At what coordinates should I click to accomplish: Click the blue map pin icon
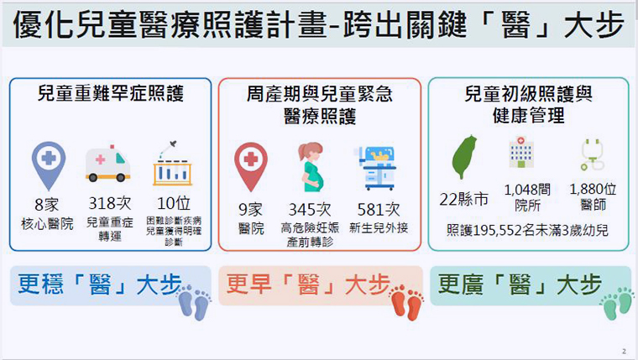(49, 165)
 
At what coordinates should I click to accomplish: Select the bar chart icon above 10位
(173, 164)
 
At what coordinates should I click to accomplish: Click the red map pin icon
(251, 166)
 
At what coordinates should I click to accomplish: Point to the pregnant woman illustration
(311, 167)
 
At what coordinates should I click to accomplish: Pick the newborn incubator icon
(377, 168)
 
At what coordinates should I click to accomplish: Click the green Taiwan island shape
(464, 157)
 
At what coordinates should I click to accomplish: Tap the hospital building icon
(520, 152)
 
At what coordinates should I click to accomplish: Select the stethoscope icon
(593, 154)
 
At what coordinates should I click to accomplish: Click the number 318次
(110, 203)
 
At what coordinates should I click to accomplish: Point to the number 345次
(310, 210)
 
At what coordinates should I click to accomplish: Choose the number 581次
(379, 210)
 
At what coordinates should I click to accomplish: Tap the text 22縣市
(464, 200)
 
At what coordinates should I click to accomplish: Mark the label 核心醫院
(47, 224)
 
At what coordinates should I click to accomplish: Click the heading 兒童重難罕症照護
(111, 93)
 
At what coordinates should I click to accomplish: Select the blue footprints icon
(195, 302)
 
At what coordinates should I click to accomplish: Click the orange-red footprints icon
(406, 302)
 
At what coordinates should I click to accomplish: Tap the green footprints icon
(617, 303)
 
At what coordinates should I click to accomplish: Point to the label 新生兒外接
(379, 227)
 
